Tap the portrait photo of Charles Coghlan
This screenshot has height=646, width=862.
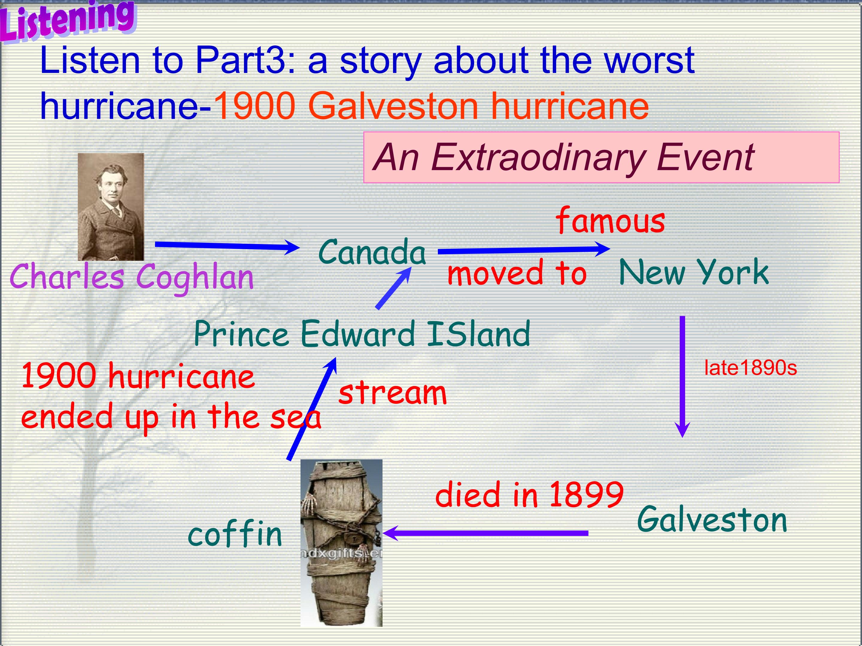click(x=111, y=206)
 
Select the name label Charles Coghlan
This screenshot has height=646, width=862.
click(x=131, y=277)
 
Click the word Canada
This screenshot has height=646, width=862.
click(x=372, y=252)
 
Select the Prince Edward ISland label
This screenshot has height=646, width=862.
click(x=362, y=334)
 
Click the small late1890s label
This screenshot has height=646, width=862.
click(x=750, y=368)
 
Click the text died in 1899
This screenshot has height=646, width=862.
click(x=529, y=495)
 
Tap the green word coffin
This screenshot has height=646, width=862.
click(x=235, y=534)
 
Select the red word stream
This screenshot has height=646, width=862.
click(x=392, y=393)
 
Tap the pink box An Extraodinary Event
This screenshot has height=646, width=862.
click(x=601, y=157)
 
